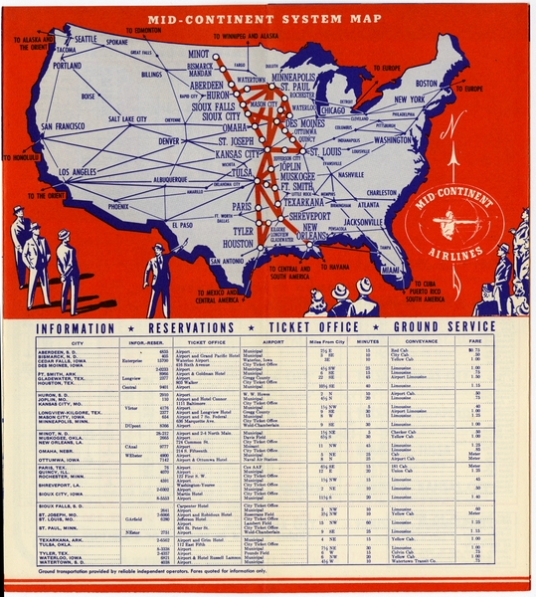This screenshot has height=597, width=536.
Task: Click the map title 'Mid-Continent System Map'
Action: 266,19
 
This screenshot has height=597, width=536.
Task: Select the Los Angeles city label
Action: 92,171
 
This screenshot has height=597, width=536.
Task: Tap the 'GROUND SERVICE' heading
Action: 442,328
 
